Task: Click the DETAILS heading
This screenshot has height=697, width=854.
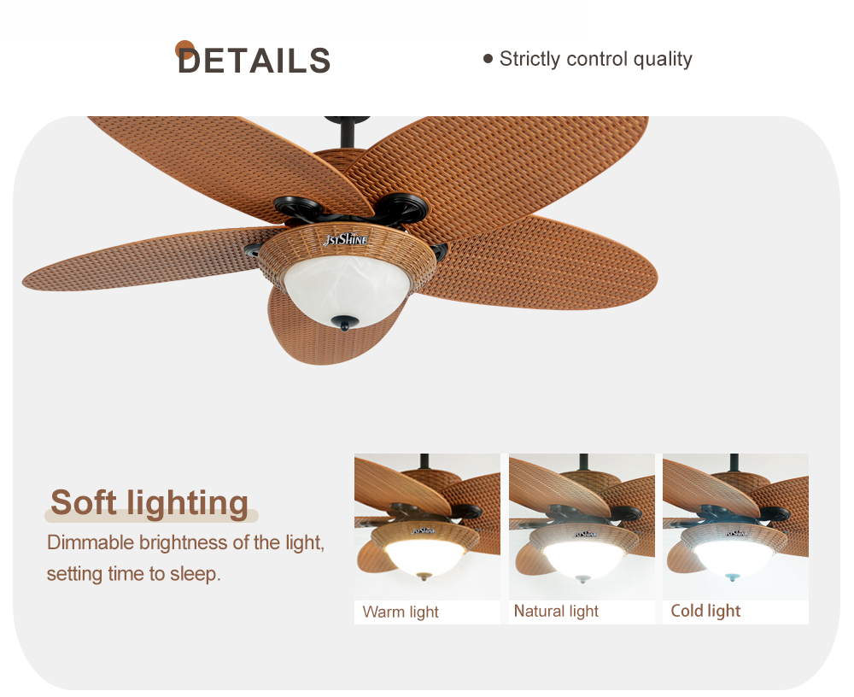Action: coord(254,60)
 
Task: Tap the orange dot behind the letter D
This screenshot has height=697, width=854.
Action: coord(184,50)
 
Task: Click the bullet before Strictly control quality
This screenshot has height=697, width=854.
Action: coord(488,58)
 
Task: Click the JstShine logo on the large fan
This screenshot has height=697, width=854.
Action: coord(345,239)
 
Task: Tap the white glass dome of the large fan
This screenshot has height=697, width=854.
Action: coord(347,289)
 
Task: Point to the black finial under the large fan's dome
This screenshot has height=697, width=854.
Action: coord(345,323)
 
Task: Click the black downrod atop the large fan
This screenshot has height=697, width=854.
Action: coord(347,132)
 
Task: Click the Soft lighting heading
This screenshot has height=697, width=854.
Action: coord(149,502)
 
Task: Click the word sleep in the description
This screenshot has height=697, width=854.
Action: coord(195,574)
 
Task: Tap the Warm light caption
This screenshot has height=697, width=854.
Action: coord(401,612)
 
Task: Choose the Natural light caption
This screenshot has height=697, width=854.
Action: coord(556,612)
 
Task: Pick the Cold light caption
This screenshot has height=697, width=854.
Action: coord(705,611)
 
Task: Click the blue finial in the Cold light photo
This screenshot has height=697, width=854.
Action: coord(733,577)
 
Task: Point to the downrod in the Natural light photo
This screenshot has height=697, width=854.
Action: coord(583,462)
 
